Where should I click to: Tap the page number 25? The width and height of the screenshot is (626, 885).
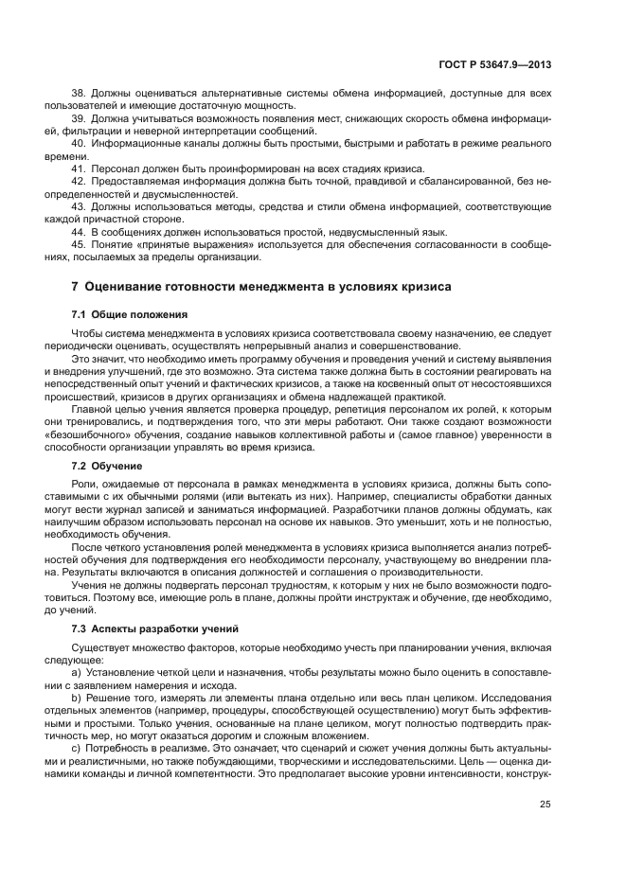(x=546, y=805)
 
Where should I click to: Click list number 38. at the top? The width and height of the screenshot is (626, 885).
(x=80, y=94)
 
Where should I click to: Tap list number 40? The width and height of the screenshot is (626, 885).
(x=80, y=143)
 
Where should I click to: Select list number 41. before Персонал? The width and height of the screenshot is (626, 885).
(x=80, y=168)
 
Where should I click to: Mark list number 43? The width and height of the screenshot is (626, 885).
(x=80, y=204)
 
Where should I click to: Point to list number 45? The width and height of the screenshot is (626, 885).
(x=80, y=244)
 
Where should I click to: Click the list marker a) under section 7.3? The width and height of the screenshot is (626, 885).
(x=77, y=673)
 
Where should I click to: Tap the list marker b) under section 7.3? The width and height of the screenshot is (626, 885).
(x=77, y=698)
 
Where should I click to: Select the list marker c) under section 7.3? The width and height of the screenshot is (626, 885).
(x=77, y=747)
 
